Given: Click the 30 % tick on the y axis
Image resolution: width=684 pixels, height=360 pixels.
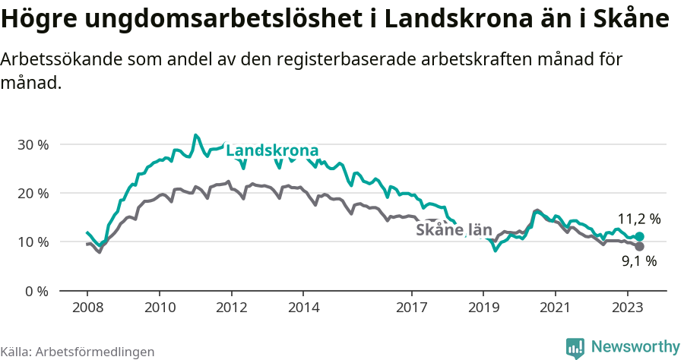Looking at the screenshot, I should coord(33,144).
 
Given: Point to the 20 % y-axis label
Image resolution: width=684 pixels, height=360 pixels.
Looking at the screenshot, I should coord(33,193).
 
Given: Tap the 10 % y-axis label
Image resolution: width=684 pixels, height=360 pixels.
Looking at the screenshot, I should coord(33,242).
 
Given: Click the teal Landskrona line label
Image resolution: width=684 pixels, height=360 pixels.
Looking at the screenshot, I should coord(272,150).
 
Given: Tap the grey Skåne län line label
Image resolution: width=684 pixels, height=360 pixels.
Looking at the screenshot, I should coord(454,230).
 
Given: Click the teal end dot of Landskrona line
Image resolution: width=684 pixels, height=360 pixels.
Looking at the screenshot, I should coord(639,237).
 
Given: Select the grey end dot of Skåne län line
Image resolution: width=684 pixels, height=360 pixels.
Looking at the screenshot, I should coord(639,247).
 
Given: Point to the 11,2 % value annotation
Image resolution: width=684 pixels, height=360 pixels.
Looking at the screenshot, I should coord(638,219).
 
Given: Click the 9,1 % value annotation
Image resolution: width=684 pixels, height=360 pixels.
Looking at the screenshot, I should coord(638,262).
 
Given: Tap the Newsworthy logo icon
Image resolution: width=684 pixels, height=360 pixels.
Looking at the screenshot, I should coord(575,347).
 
